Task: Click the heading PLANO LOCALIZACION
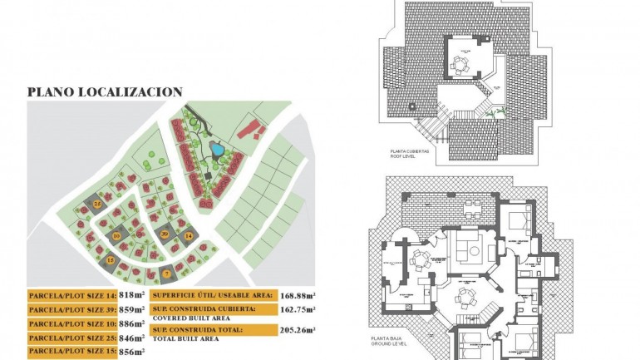pyautogui.click(x=105, y=92)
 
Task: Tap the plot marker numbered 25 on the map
pyautogui.click(x=98, y=203)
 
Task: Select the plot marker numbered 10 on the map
pyautogui.click(x=117, y=236)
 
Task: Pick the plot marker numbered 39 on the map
pyautogui.click(x=165, y=234)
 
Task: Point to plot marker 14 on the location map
pyautogui.click(x=189, y=237)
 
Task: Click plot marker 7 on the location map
pyautogui.click(x=166, y=274)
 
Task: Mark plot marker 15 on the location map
pyautogui.click(x=111, y=260)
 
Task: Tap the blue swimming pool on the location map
pyautogui.click(x=216, y=150)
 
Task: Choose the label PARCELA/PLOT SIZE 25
pyautogui.click(x=71, y=338)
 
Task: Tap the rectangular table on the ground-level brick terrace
pyautogui.click(x=471, y=205)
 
